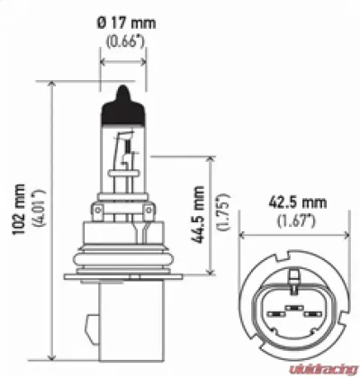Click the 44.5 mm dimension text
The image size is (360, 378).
click(201, 216)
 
